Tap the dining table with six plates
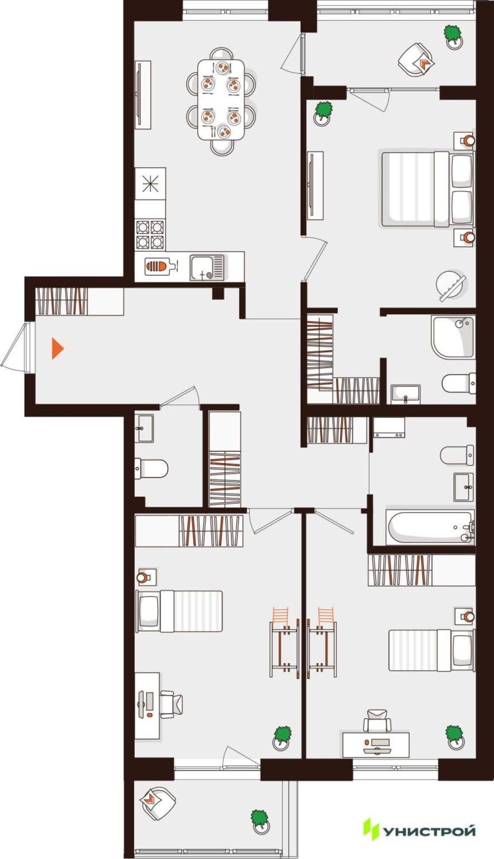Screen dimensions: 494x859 click(221, 100)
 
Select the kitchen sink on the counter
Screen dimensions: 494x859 click(207, 267)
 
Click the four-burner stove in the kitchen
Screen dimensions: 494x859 click(150, 234)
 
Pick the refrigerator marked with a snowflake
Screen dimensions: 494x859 click(150, 183)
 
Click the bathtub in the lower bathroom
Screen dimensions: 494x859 click(431, 527)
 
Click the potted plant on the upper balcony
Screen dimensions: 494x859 click(453, 37)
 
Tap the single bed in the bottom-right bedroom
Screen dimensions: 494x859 click(431, 650)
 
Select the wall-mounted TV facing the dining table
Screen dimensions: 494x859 click(142, 95)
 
